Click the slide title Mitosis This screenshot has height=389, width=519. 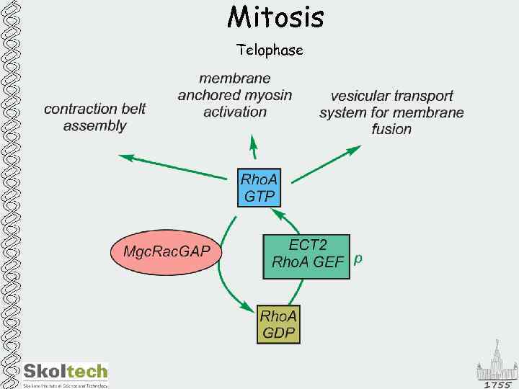point(275,17)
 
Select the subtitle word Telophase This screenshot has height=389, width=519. point(270,50)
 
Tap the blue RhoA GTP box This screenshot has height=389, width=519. point(259,187)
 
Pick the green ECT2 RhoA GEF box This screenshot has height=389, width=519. point(306,256)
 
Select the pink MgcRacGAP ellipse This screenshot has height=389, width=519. point(167,252)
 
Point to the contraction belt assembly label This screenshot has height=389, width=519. point(94,117)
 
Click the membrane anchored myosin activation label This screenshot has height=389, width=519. point(235,94)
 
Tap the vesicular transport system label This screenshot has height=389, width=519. point(391,112)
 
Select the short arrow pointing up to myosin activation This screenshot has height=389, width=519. point(253,148)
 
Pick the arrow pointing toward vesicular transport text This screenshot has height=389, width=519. point(328,163)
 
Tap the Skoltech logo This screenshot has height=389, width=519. point(66,372)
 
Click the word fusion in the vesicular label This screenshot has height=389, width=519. point(391,130)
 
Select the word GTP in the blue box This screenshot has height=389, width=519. point(259,195)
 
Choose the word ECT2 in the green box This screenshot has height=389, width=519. point(306,245)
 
